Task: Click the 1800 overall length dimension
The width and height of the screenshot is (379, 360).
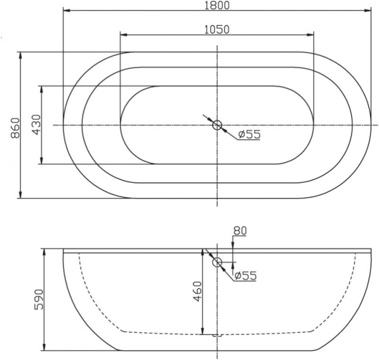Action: pos(217,5)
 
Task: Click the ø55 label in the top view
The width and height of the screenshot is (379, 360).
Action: pos(250,135)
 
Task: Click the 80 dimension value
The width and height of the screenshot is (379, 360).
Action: pos(240,231)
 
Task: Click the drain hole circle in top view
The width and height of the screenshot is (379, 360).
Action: pos(217,125)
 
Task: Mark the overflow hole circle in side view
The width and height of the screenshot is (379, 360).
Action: pos(217,262)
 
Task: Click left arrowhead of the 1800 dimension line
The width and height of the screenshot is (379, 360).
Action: pos(66,11)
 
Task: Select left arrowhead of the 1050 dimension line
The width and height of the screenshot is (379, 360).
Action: pos(122,35)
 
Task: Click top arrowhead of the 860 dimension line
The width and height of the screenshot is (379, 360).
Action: pos(21,55)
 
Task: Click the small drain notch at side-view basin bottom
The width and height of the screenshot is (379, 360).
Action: pos(217,336)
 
